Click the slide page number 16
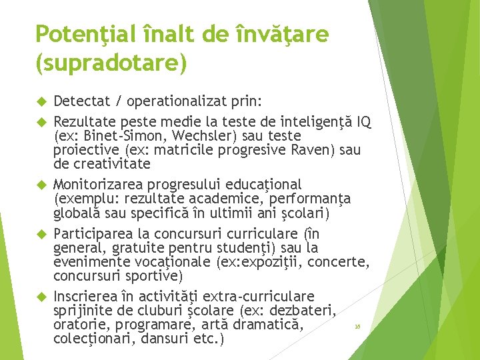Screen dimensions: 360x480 click(357, 327)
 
